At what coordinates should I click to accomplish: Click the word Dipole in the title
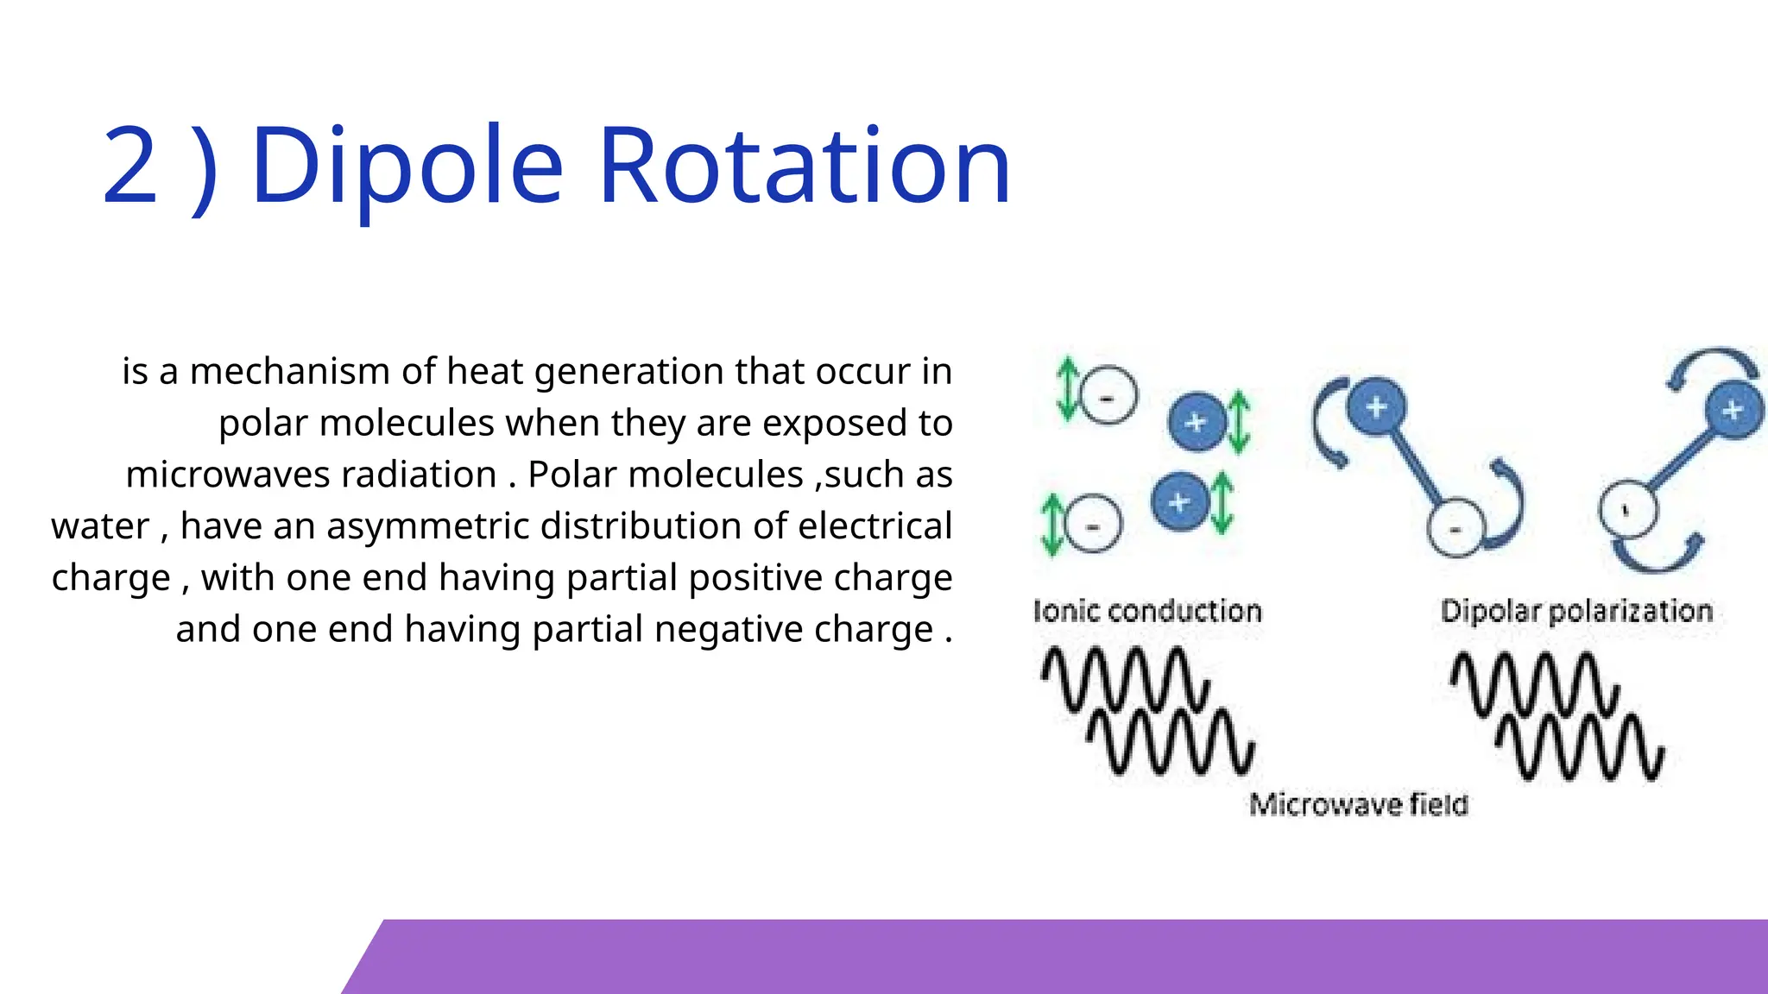coord(407,166)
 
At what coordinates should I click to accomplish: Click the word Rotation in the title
coord(804,166)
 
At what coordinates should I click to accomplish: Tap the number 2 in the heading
coord(129,166)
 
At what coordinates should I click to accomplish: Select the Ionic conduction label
coord(1147,611)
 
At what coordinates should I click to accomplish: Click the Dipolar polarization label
coord(1576,611)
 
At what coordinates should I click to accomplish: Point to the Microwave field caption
coord(1358,804)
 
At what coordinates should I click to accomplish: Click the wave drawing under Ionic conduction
coord(1148,710)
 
